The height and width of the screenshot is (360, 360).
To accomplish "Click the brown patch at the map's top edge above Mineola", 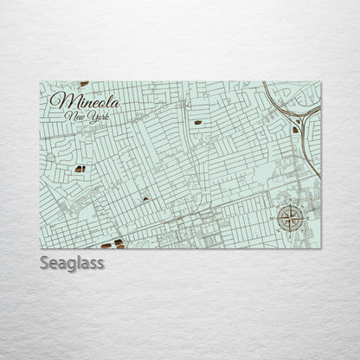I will (84, 83).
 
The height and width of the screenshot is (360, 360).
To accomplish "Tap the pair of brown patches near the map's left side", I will (79, 169).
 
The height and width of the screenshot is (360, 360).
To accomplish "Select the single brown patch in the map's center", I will (145, 199).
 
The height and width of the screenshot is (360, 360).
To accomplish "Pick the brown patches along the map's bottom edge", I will (119, 244).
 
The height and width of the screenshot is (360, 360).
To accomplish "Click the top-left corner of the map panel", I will (41, 81).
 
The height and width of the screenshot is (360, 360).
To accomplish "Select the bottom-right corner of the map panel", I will (320, 248).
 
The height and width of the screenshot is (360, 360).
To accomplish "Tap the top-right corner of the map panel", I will (320, 81).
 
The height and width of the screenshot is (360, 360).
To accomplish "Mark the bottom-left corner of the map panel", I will (41, 248).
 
